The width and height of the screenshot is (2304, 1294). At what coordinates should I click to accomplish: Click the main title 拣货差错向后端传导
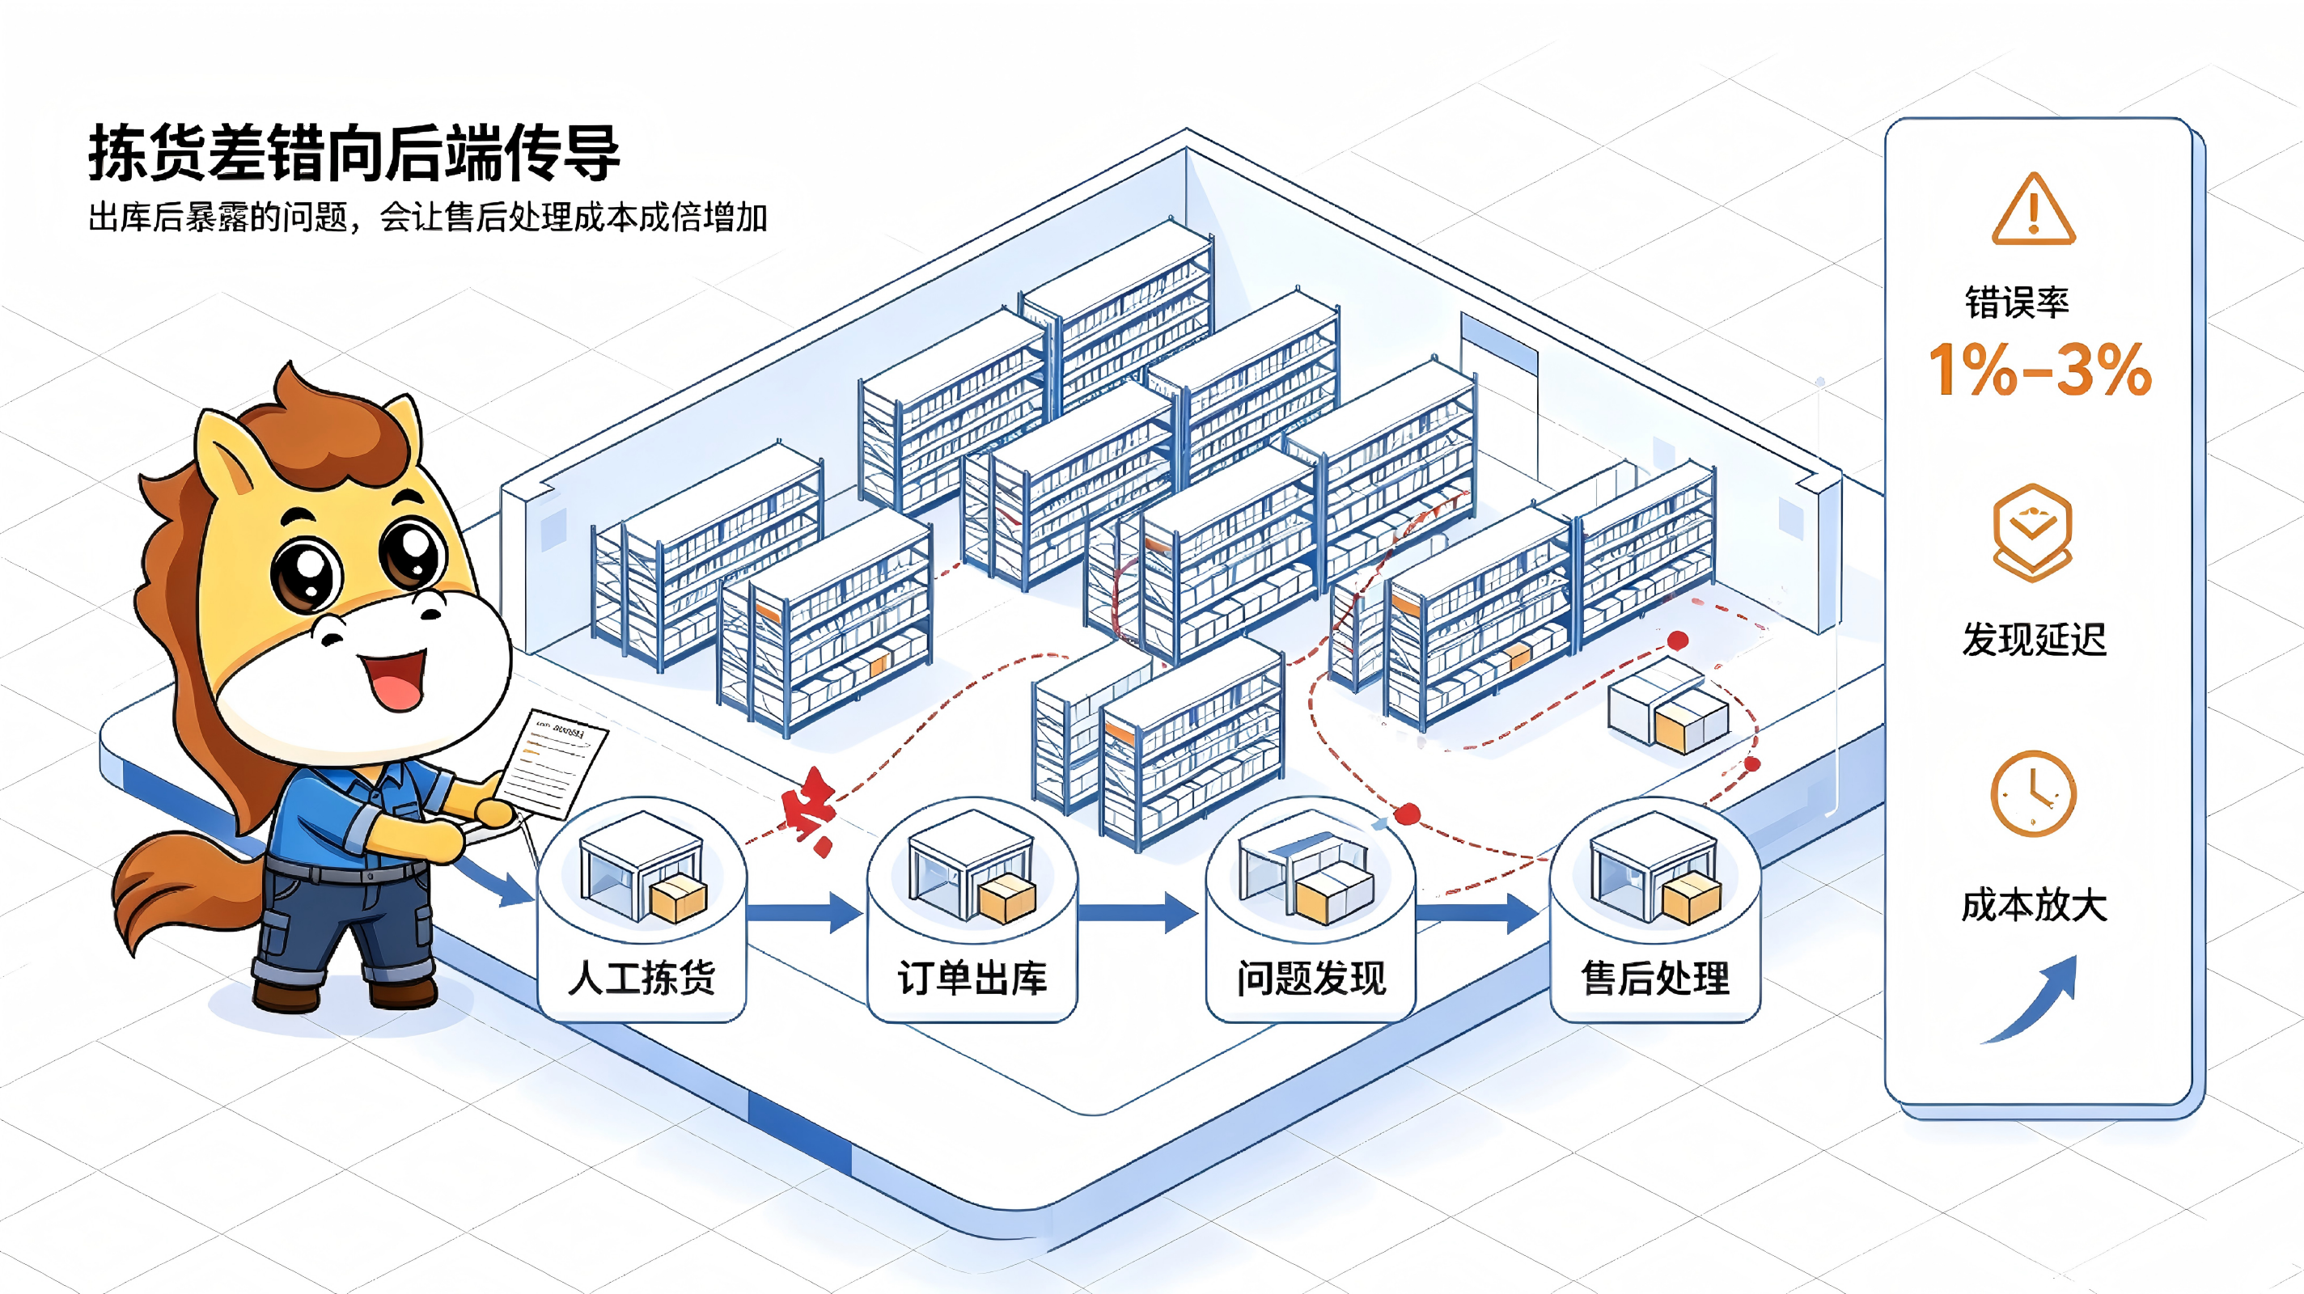coord(354,153)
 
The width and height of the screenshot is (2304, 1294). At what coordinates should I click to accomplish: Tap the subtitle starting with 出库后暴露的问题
coord(427,218)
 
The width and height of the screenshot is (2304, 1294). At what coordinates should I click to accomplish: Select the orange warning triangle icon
coord(2033,209)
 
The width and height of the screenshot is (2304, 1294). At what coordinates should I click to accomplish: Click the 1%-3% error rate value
coord(2040,369)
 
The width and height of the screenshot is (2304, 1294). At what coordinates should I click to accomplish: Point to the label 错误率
coord(2017,302)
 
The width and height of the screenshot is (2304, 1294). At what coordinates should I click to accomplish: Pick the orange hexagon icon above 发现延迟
coord(2032,533)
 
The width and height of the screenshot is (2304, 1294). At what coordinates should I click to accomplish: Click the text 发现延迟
coord(2034,640)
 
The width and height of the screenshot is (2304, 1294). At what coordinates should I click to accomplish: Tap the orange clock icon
coord(2033,793)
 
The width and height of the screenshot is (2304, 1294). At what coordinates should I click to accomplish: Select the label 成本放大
coord(2034,905)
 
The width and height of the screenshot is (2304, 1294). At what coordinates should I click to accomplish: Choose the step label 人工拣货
coord(642,978)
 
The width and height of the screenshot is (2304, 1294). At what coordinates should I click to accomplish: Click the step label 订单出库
coord(972,978)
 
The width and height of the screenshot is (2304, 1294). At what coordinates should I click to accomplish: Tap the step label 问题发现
coord(1311,978)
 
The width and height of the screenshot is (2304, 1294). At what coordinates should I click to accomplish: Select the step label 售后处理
coord(1654,978)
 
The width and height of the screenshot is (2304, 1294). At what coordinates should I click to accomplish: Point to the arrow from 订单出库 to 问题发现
coord(1137,912)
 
